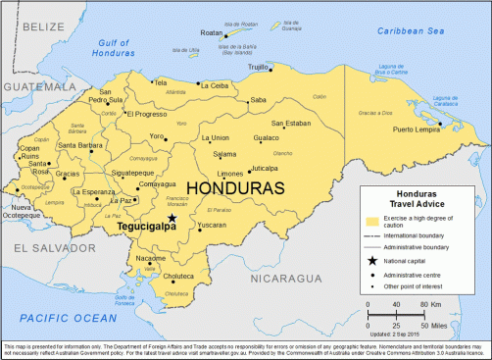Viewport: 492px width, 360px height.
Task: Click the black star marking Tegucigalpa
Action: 172,219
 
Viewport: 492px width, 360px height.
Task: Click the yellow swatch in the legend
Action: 370,220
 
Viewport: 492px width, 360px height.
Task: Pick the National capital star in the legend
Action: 370,261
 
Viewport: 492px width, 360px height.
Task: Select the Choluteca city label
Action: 177,278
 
